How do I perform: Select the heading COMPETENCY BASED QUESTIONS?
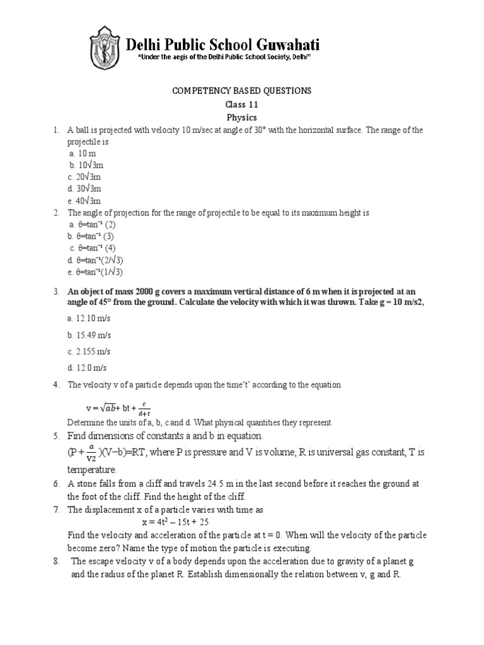pos(242,91)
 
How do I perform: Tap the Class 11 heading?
pos(242,105)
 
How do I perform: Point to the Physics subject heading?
pos(242,118)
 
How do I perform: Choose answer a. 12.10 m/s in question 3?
pos(89,319)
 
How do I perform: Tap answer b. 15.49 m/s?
pos(89,335)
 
